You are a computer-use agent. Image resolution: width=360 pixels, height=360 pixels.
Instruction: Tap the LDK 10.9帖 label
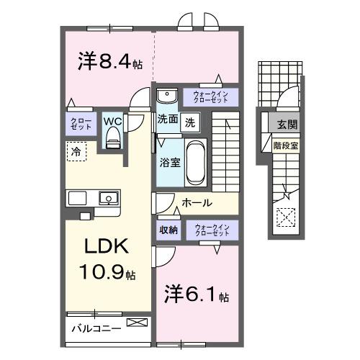pyautogui.click(x=108, y=258)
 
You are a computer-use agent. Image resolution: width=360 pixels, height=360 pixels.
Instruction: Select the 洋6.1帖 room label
pyautogui.click(x=194, y=296)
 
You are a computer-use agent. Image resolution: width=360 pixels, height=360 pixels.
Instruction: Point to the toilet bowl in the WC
pyautogui.click(x=112, y=140)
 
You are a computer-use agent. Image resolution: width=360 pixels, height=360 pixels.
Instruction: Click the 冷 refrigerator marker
pyautogui.click(x=76, y=151)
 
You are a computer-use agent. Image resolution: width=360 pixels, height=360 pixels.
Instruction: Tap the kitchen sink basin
pyautogui.click(x=108, y=197)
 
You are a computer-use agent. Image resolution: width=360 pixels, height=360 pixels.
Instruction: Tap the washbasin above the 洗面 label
pyautogui.click(x=166, y=95)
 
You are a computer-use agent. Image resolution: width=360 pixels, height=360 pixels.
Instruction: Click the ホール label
pyautogui.click(x=197, y=203)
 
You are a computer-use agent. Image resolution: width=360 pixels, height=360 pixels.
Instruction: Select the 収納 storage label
pyautogui.click(x=168, y=230)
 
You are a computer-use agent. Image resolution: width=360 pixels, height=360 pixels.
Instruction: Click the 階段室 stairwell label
pyautogui.click(x=286, y=144)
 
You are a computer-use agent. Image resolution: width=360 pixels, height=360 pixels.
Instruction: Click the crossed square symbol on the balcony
pyautogui.click(x=135, y=323)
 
